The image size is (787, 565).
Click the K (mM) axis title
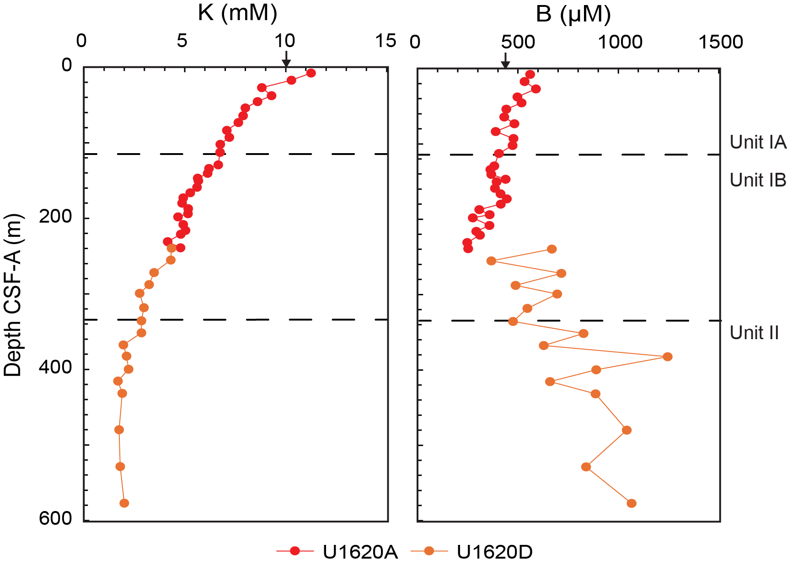click(237, 13)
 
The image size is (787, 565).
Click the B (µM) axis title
click(573, 14)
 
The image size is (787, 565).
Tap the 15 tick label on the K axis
click(385, 41)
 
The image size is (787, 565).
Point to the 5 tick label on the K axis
click(182, 41)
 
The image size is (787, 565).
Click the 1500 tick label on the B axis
click(721, 42)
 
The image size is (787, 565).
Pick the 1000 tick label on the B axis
click(621, 42)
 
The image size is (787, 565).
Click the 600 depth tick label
click(55, 518)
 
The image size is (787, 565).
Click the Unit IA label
click(758, 142)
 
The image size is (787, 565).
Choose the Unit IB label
click(758, 180)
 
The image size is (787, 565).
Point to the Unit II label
click(754, 333)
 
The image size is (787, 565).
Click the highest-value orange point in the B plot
click(668, 357)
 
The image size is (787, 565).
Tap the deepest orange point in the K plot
click(124, 503)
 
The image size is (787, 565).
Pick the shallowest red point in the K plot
click(311, 73)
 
